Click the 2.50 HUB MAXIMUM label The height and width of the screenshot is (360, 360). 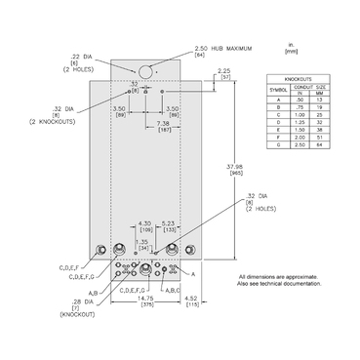pos(218,48)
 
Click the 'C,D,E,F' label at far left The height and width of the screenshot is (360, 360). pos(70,265)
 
